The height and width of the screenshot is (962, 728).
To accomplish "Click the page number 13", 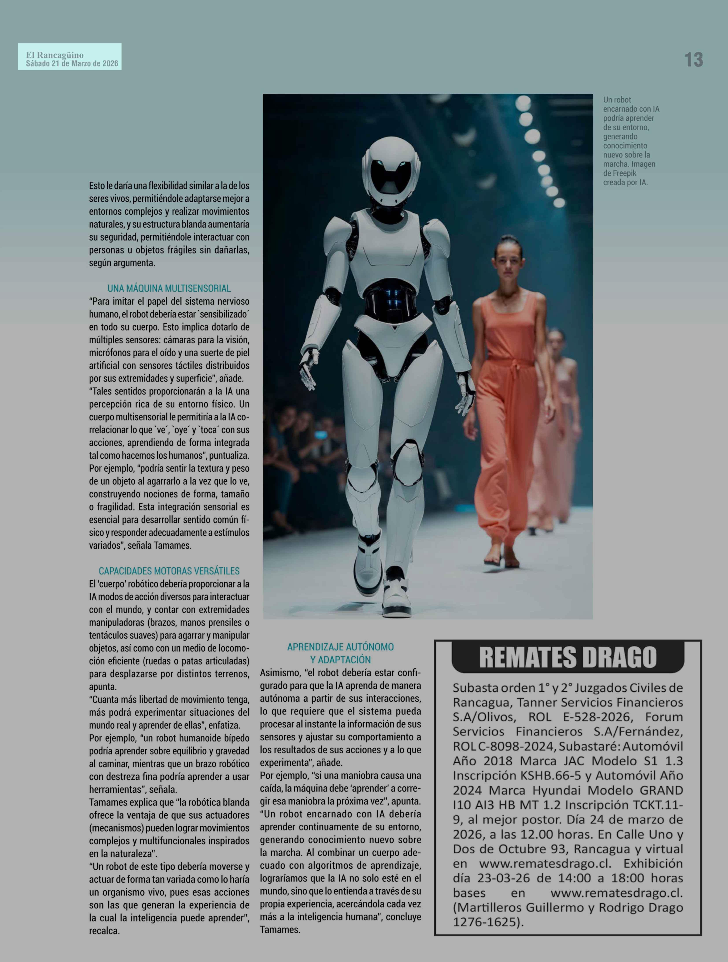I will (694, 60).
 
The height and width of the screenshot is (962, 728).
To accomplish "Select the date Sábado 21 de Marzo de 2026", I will (72, 63).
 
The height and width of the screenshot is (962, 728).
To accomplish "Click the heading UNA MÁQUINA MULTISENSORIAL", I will (169, 288).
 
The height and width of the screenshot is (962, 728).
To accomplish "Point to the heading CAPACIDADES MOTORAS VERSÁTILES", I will (169, 571).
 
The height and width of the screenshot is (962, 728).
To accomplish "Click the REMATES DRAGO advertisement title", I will (568, 657).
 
